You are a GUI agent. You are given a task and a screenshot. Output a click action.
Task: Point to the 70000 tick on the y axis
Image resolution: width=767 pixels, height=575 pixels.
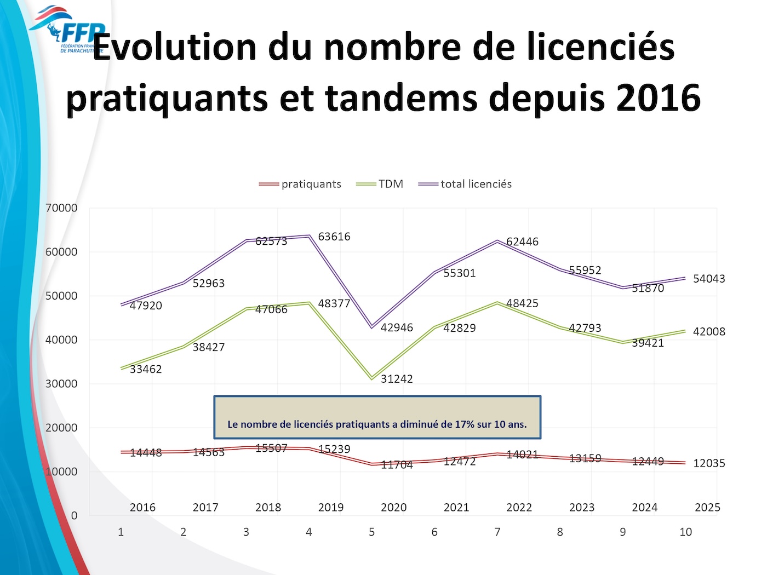[x=61, y=208]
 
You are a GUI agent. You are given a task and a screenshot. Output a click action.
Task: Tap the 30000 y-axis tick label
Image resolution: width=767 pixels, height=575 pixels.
[x=61, y=384]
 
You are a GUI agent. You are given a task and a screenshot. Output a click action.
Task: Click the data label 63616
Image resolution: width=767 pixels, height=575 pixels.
[x=334, y=237]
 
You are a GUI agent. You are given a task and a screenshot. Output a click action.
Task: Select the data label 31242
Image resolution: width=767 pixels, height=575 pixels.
[x=397, y=379]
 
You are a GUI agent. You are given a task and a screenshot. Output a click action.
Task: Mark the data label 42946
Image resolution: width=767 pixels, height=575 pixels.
[x=397, y=327]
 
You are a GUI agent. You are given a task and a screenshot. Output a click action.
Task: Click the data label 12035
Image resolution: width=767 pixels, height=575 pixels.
[x=709, y=463]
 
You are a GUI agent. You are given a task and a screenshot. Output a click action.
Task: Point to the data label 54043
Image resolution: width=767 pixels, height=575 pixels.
[x=709, y=279]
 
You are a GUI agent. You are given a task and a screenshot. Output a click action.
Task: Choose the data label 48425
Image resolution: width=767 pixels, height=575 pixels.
[x=522, y=303]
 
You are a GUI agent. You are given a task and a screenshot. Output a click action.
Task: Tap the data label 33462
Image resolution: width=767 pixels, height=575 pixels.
[x=146, y=369]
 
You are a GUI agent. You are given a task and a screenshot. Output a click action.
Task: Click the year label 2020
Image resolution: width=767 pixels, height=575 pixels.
[x=393, y=508]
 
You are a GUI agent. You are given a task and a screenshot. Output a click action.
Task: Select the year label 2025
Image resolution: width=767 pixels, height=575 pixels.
[x=707, y=508]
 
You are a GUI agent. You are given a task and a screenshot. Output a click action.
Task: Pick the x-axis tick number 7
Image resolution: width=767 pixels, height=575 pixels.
[x=497, y=532]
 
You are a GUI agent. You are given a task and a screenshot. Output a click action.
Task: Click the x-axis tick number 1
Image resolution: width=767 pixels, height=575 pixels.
[x=121, y=532]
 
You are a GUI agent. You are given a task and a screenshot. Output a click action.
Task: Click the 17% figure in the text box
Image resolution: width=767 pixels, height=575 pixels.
[x=464, y=424]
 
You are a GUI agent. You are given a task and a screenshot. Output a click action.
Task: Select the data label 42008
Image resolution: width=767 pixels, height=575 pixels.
[x=709, y=332]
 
